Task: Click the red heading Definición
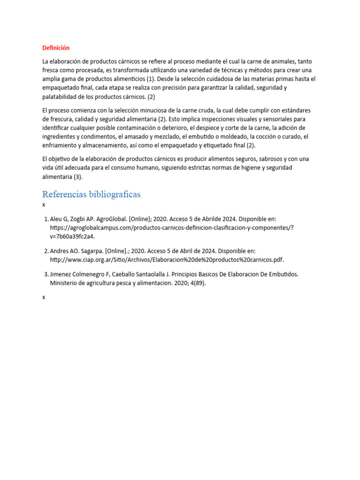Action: pyautogui.click(x=56, y=48)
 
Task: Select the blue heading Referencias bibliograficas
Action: pyautogui.click(x=91, y=194)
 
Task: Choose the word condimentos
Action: pyautogui.click(x=97, y=136)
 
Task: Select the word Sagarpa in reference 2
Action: pyautogui.click(x=96, y=251)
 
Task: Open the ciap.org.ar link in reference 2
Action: pyautogui.click(x=167, y=260)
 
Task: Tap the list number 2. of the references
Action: pyautogui.click(x=46, y=251)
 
